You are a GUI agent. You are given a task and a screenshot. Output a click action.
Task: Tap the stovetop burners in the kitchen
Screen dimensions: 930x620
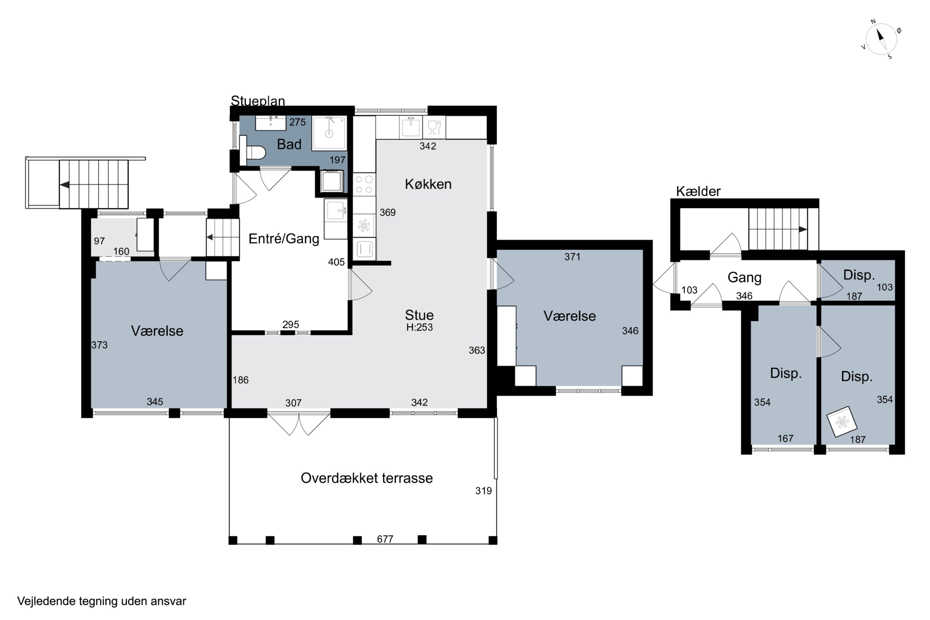pos(364,185)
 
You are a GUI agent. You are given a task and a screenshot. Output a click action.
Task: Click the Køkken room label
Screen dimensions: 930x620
pos(428,184)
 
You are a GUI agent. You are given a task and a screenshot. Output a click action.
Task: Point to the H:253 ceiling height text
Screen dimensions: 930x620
pos(419,327)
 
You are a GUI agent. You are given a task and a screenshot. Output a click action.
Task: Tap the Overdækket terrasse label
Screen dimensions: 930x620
pos(366,478)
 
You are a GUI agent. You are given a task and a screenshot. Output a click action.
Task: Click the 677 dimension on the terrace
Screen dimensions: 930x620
pos(385,539)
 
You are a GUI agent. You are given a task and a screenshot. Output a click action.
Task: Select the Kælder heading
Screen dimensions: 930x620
pos(698,191)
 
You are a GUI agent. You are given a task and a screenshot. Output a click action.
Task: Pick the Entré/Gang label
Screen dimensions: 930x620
pos(284,239)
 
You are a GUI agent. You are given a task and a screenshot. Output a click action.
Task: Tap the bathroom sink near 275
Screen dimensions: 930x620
pos(270,123)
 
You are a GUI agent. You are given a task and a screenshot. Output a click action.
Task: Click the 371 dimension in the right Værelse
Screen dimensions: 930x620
pos(572,257)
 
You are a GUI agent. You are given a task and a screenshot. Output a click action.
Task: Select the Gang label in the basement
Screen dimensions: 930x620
pos(745,277)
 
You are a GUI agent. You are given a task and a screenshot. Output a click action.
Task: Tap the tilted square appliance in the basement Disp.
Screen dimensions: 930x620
pos(842,422)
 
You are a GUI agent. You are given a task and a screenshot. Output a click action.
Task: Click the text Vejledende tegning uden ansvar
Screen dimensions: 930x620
pos(102,601)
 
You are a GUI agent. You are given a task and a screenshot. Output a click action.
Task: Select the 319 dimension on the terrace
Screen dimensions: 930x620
pos(484,491)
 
